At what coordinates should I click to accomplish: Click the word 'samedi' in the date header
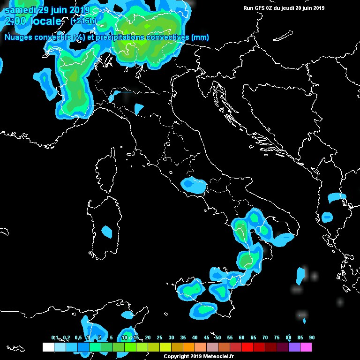pyautogui.click(x=20, y=10)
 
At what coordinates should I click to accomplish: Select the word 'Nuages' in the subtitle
pyautogui.click(x=18, y=37)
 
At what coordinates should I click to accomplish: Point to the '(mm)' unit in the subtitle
pyautogui.click(x=200, y=37)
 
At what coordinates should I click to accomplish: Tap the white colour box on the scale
pyautogui.click(x=48, y=347)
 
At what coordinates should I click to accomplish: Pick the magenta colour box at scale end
pyautogui.click(x=306, y=347)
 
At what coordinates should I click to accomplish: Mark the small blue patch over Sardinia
pyautogui.click(x=107, y=232)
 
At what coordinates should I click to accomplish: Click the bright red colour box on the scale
pyautogui.click(x=247, y=347)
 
